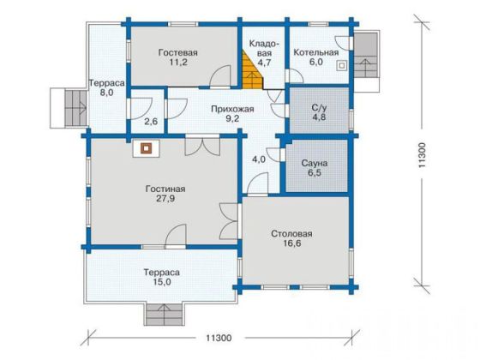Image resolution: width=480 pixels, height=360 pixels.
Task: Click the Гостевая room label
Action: tap(178, 52)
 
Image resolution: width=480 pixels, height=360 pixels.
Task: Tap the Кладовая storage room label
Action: tap(264, 48)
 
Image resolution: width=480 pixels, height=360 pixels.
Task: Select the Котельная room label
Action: tap(316, 52)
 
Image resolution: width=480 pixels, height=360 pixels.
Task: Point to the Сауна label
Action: tap(315, 163)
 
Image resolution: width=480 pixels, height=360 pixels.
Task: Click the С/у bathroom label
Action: tap(319, 108)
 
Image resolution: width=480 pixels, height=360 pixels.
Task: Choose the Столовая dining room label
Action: tap(291, 234)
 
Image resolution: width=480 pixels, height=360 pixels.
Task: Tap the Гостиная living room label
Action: tap(165, 189)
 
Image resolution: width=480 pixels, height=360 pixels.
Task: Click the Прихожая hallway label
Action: tap(232, 110)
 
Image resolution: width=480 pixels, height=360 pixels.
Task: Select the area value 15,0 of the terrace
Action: tap(162, 282)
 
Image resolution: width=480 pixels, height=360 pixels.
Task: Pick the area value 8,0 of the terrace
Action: tap(106, 93)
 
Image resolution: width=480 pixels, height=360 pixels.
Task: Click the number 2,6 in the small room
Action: tap(151, 122)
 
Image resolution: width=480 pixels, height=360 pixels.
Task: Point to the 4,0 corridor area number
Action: tap(259, 159)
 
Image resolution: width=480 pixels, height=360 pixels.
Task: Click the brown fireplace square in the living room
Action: tap(147, 149)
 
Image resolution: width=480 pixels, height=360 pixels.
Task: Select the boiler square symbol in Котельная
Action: tap(342, 65)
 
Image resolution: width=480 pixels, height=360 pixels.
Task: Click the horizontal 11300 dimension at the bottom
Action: tap(219, 339)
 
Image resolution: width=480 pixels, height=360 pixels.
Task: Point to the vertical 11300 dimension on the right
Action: tap(422, 154)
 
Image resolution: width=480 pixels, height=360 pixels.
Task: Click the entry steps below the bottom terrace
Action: tap(165, 315)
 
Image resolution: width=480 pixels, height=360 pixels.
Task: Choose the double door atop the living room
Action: tap(202, 147)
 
